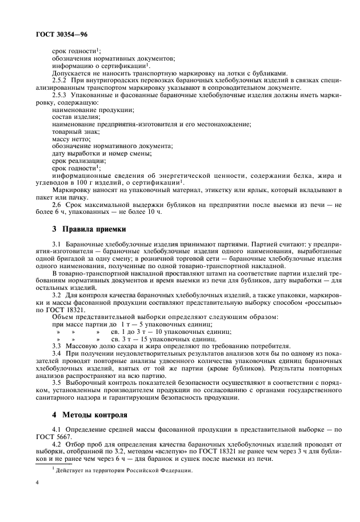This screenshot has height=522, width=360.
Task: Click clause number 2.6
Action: pos(58,204)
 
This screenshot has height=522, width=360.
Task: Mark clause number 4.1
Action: pos(58,428)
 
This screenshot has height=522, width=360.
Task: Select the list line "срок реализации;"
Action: pos(75,161)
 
